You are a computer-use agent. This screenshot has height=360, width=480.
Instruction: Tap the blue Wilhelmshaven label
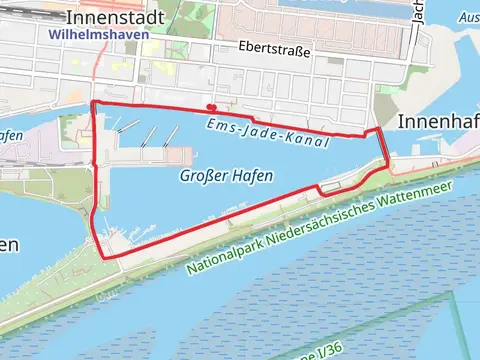click(x=98, y=35)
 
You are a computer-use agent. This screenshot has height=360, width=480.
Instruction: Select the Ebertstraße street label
click(x=275, y=48)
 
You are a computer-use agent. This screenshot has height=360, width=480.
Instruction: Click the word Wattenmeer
click(x=420, y=196)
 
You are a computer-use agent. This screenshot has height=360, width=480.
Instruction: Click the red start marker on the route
click(x=211, y=106)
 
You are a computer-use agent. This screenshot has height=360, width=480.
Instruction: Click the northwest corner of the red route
click(x=93, y=103)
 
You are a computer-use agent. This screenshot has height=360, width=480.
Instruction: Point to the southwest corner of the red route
click(x=104, y=255)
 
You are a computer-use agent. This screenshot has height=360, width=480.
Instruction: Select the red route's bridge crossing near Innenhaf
click(x=383, y=146)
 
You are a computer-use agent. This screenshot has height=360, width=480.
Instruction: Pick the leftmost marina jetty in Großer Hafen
click(x=123, y=127)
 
